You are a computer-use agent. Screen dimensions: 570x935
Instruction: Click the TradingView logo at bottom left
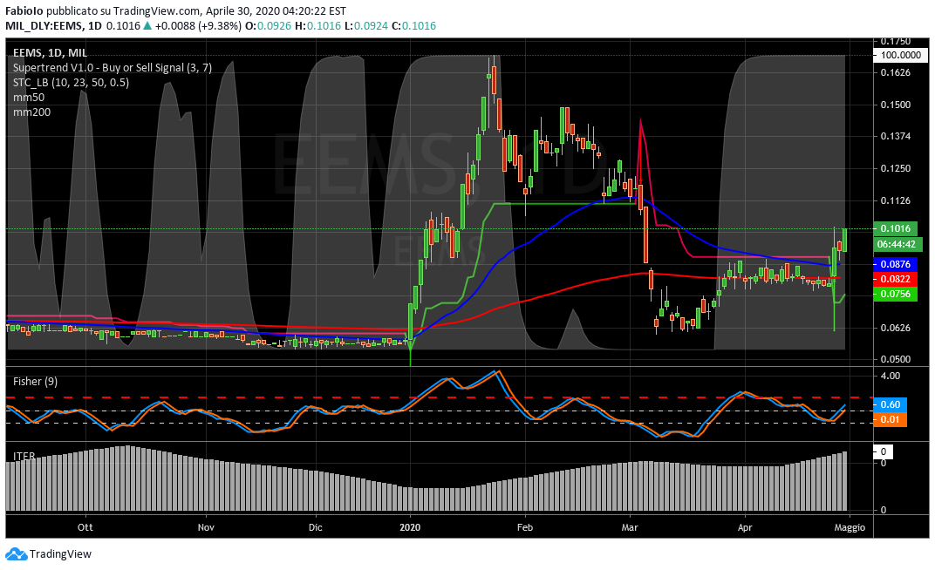point(49,553)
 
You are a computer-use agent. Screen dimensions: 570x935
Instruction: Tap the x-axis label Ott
point(85,527)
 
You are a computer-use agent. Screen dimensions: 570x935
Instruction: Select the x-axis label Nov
point(206,527)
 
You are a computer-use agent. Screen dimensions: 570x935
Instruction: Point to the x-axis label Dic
point(316,527)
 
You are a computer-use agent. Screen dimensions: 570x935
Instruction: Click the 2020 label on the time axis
point(410,527)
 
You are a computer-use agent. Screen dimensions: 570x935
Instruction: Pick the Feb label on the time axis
point(525,527)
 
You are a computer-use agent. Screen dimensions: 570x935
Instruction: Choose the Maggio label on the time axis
point(850,527)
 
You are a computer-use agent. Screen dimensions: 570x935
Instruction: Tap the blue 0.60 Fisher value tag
point(890,404)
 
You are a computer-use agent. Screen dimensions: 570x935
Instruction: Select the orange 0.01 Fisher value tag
point(890,420)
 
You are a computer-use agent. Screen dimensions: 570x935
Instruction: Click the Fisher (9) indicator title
point(36,381)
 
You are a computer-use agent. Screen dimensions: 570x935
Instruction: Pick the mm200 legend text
point(31,112)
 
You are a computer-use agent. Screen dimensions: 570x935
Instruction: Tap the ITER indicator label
point(24,455)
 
